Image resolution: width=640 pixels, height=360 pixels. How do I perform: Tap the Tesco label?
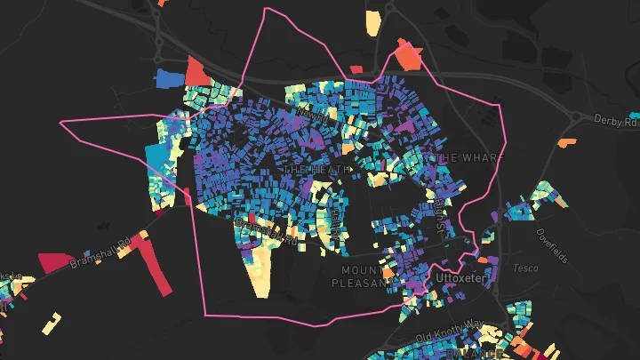pos(525,267)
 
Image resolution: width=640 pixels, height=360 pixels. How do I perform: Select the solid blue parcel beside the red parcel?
pos(168,78)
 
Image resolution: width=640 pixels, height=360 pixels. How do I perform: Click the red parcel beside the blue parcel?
pos(197,71)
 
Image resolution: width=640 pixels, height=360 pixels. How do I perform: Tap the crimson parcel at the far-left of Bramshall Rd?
pos(55,262)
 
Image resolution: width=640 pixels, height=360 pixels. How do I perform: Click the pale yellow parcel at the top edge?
pos(372,23)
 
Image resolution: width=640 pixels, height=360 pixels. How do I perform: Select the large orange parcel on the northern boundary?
pos(409,55)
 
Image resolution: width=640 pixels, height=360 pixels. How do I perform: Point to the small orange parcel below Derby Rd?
pos(565,141)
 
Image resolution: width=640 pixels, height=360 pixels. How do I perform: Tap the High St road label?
pos(439,216)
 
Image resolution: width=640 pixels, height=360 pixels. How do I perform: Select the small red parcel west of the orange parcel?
pos(356,68)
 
